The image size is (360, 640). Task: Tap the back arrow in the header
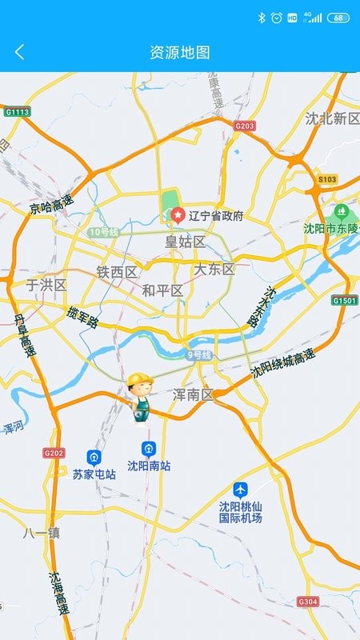20,52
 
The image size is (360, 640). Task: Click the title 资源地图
180,53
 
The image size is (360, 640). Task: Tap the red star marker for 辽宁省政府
177,215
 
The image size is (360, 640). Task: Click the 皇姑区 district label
185,242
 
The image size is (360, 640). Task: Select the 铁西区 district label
117,272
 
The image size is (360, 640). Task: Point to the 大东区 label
214,269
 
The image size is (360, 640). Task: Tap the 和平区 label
162,290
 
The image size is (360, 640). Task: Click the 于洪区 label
46,285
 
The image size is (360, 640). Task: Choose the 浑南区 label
194,394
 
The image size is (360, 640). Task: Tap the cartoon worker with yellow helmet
141,397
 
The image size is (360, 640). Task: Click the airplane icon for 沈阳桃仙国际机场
241,489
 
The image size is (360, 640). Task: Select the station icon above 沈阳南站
148,449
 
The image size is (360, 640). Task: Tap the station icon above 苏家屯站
94,458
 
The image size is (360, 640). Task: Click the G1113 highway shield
17,112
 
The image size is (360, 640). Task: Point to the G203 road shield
245,126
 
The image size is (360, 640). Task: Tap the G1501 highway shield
344,300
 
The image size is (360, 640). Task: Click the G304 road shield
307,601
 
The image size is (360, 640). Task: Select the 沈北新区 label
332,118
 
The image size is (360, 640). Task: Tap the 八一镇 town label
42,533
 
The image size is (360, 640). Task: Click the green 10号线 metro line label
103,232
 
